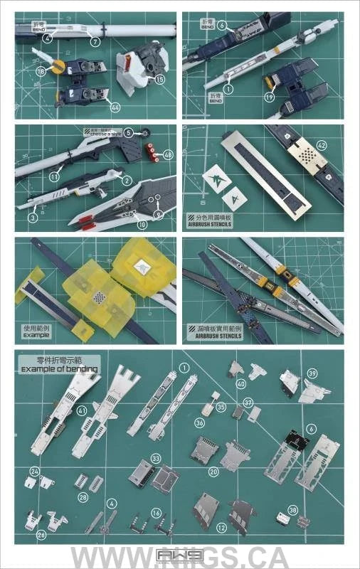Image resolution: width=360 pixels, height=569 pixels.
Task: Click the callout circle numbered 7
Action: [95, 42]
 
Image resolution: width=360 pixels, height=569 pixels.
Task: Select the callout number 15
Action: [159, 80]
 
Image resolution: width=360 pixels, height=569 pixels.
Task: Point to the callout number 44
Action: [115, 107]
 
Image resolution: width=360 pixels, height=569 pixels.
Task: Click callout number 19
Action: [270, 96]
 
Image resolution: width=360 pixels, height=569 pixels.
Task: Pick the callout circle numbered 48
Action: [168, 154]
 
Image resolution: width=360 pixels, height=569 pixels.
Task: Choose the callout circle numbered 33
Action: [155, 459]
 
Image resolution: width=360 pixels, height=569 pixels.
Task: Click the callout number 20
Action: [213, 471]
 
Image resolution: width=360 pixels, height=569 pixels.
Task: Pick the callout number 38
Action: [292, 509]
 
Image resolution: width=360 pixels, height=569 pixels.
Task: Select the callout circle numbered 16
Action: [156, 512]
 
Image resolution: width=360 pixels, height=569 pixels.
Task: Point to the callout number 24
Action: [35, 471]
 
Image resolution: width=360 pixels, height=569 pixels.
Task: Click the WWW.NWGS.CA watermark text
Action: [180, 557]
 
